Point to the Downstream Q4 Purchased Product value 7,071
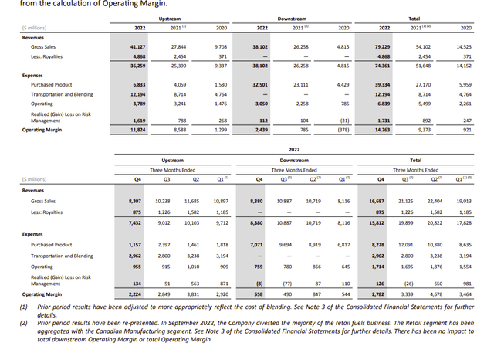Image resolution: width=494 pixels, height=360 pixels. point(260,244)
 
